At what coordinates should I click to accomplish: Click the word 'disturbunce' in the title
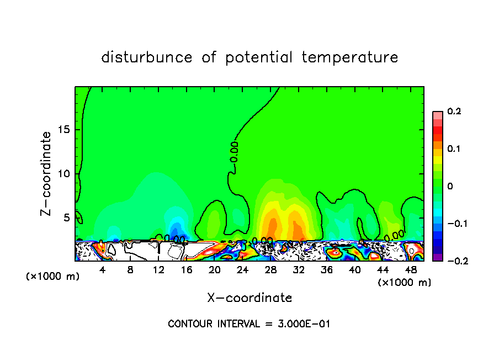coord(146,57)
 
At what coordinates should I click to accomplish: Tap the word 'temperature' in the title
coord(350,58)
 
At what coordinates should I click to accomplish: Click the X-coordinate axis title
coord(250,298)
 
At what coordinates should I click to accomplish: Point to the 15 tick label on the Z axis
coord(64,130)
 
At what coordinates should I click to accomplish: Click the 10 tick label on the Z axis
coord(64,174)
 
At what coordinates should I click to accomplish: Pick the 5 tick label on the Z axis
coord(67,217)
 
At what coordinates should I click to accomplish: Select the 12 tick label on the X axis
coord(158,270)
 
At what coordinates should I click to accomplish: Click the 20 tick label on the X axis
coord(214,270)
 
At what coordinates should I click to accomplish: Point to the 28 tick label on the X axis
coord(270,270)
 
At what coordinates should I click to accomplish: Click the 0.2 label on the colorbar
coord(454,112)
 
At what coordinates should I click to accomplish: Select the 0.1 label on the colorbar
coord(454,149)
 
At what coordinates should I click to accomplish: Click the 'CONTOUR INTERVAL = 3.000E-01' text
coord(249,324)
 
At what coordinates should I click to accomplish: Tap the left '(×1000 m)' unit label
coord(53,277)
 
